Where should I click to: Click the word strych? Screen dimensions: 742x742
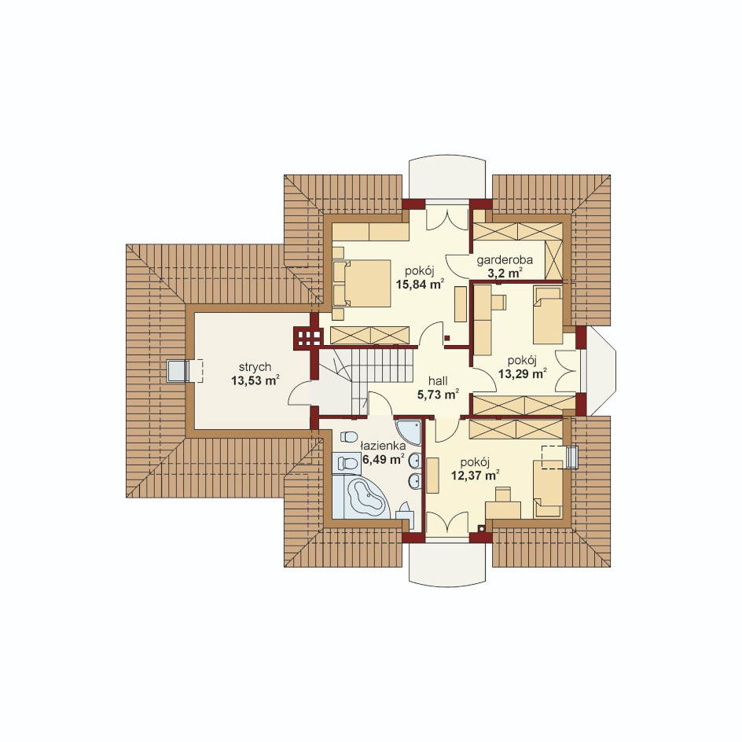click(x=255, y=367)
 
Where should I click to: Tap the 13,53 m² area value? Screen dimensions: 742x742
click(x=255, y=380)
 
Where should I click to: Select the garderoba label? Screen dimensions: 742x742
click(x=505, y=260)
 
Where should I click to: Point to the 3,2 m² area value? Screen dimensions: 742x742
click(x=505, y=273)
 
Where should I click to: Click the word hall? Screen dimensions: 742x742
click(x=438, y=381)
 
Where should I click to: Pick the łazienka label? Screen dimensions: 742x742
click(x=383, y=446)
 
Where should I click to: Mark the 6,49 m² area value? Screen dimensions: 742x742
click(x=384, y=458)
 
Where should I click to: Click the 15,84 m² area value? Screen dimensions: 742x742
click(x=420, y=284)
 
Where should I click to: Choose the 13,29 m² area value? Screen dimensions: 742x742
click(x=523, y=373)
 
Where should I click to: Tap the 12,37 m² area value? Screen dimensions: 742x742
click(x=475, y=475)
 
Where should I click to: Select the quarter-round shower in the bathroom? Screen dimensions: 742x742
click(x=408, y=432)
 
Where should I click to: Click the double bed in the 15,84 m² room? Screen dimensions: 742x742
click(x=362, y=283)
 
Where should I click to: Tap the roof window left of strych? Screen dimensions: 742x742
click(x=178, y=370)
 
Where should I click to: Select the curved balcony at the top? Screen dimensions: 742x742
click(x=447, y=178)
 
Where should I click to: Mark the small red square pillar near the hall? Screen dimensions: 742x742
click(x=446, y=338)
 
